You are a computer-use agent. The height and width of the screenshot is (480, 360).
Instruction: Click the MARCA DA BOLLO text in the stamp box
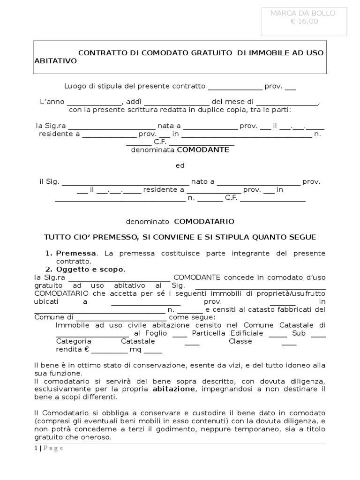303,13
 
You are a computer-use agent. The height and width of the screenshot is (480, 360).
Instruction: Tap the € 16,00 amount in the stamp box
303,21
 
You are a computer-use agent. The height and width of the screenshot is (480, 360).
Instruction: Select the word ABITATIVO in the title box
55,61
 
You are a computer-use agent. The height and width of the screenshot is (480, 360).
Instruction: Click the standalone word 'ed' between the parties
180,165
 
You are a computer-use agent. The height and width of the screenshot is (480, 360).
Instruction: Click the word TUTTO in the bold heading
56,237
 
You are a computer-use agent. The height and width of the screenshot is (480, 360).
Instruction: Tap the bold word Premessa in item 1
76,253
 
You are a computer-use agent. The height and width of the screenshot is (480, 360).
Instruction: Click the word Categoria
74,341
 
